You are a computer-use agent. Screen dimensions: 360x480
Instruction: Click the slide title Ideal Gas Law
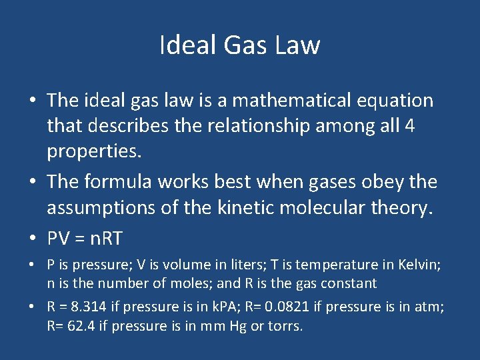coord(240,45)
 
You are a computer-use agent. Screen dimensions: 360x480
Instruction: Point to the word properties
coord(94,151)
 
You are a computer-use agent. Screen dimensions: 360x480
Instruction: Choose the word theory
coord(405,207)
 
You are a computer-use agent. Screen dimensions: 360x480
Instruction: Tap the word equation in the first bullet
coord(393,101)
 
